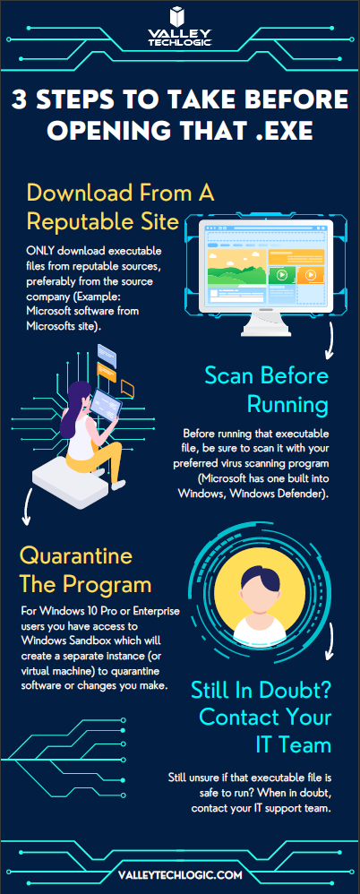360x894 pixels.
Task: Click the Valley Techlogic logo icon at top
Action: coord(179,17)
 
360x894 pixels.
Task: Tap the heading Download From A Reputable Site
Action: coord(120,207)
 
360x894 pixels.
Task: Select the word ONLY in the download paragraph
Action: coord(40,252)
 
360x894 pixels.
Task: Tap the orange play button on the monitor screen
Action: coord(311,275)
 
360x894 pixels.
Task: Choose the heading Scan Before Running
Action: coord(267,391)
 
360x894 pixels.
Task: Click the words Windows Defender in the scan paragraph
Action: coord(279,493)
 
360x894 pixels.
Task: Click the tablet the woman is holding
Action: coord(107,404)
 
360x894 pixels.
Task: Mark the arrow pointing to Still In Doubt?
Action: coord(330,652)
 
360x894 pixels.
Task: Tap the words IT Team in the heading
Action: coord(294,744)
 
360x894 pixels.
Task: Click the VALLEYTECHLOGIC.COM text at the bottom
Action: coord(180,874)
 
